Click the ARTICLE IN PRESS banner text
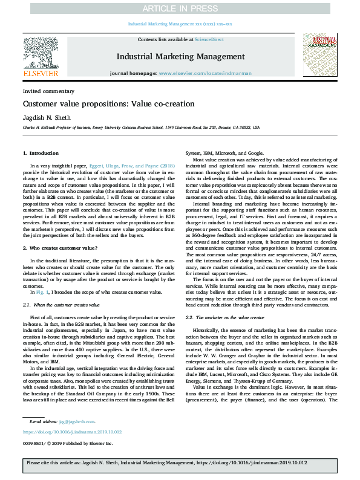180,8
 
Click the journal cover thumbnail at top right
319,56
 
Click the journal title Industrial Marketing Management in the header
180,57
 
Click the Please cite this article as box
180,462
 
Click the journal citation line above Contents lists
180,24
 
